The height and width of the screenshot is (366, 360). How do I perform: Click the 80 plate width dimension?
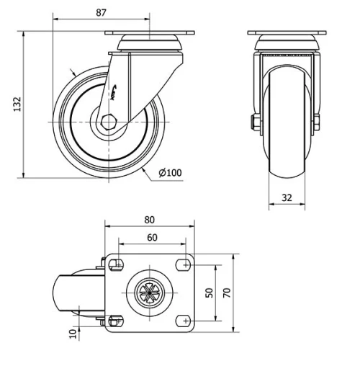[149, 219]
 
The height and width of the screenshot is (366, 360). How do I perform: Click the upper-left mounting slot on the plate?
[114, 264]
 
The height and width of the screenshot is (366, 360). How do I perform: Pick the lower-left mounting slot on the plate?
[114, 319]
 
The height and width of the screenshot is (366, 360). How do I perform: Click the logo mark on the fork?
[120, 90]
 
